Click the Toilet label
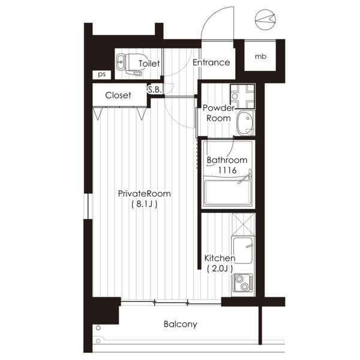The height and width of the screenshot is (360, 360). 149,64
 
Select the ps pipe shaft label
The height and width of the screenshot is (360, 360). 102,74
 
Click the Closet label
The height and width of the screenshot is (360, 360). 118,95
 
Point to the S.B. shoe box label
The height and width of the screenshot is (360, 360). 155,89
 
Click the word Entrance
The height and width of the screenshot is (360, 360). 211,62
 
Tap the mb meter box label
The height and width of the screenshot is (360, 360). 260,56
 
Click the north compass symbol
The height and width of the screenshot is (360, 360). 265,20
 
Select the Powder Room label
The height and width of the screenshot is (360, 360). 218,113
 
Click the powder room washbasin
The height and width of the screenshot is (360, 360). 245,123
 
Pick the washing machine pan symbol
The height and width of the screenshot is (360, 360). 242,96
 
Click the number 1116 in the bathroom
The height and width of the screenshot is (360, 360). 227,170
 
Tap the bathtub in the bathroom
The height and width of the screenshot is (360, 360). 228,193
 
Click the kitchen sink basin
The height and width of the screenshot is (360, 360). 243,251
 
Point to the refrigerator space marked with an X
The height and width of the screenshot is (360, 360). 243,224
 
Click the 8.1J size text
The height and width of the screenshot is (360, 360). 145,204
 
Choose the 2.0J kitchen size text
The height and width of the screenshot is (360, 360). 220,268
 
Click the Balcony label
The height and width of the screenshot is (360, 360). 181,324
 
